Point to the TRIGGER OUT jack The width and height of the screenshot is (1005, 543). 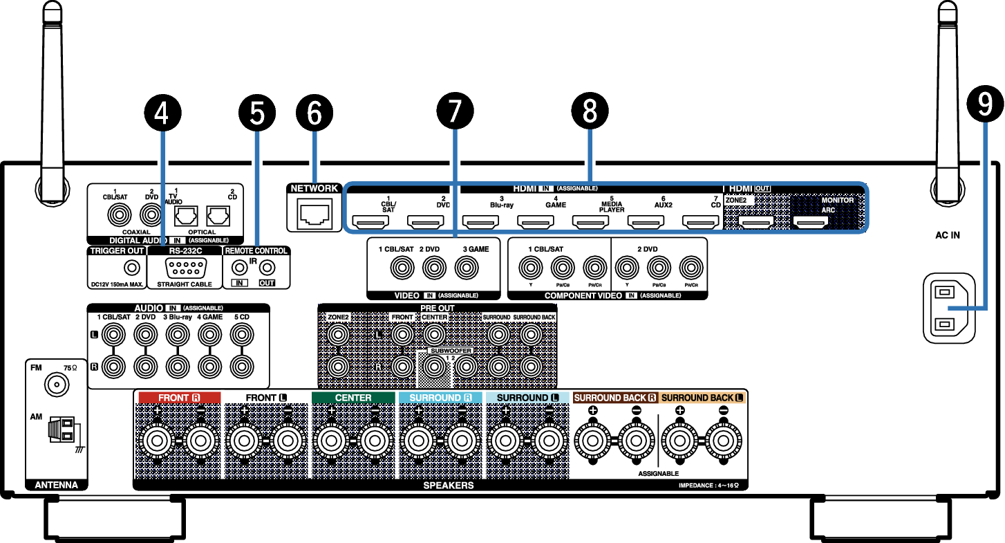pos(129,267)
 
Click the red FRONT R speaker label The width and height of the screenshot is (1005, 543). pos(179,398)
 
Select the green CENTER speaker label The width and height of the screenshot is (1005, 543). pos(353,398)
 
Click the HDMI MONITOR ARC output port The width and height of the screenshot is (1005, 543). pos(810,222)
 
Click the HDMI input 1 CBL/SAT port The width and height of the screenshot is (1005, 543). pos(371,222)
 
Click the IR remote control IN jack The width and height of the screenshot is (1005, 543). pos(240,266)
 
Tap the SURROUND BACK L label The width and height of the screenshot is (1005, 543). pos(702,398)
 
